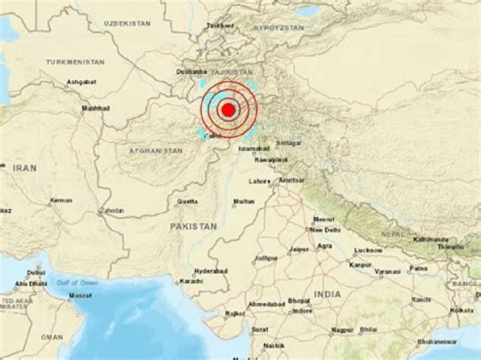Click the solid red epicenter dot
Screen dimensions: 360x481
coord(228,109)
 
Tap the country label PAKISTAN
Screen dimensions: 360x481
coord(193,226)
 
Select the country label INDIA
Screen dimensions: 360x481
coord(328,294)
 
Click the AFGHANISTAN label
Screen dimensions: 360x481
coord(156,151)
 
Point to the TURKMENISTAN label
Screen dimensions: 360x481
coord(75,61)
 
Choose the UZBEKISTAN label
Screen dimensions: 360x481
coord(127,23)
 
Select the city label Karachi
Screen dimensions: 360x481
coord(191,281)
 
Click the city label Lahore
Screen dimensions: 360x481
coord(259,181)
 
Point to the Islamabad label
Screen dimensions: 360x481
coord(255,148)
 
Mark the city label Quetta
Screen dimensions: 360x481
coord(186,201)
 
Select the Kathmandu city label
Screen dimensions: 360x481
coord(430,238)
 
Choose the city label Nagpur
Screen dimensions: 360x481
coord(342,330)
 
